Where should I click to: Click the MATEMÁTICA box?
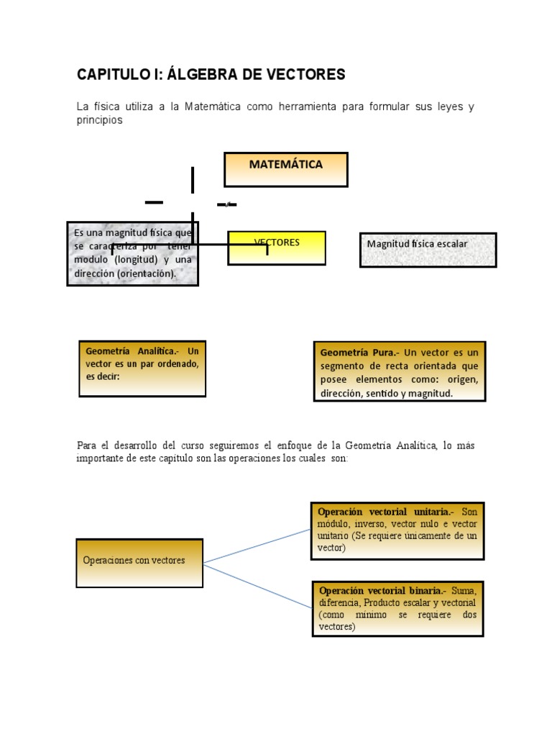[286, 169]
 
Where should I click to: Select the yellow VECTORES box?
[277, 248]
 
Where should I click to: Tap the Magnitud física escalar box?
[428, 250]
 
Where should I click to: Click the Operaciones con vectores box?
[139, 562]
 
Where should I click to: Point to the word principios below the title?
[99, 120]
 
